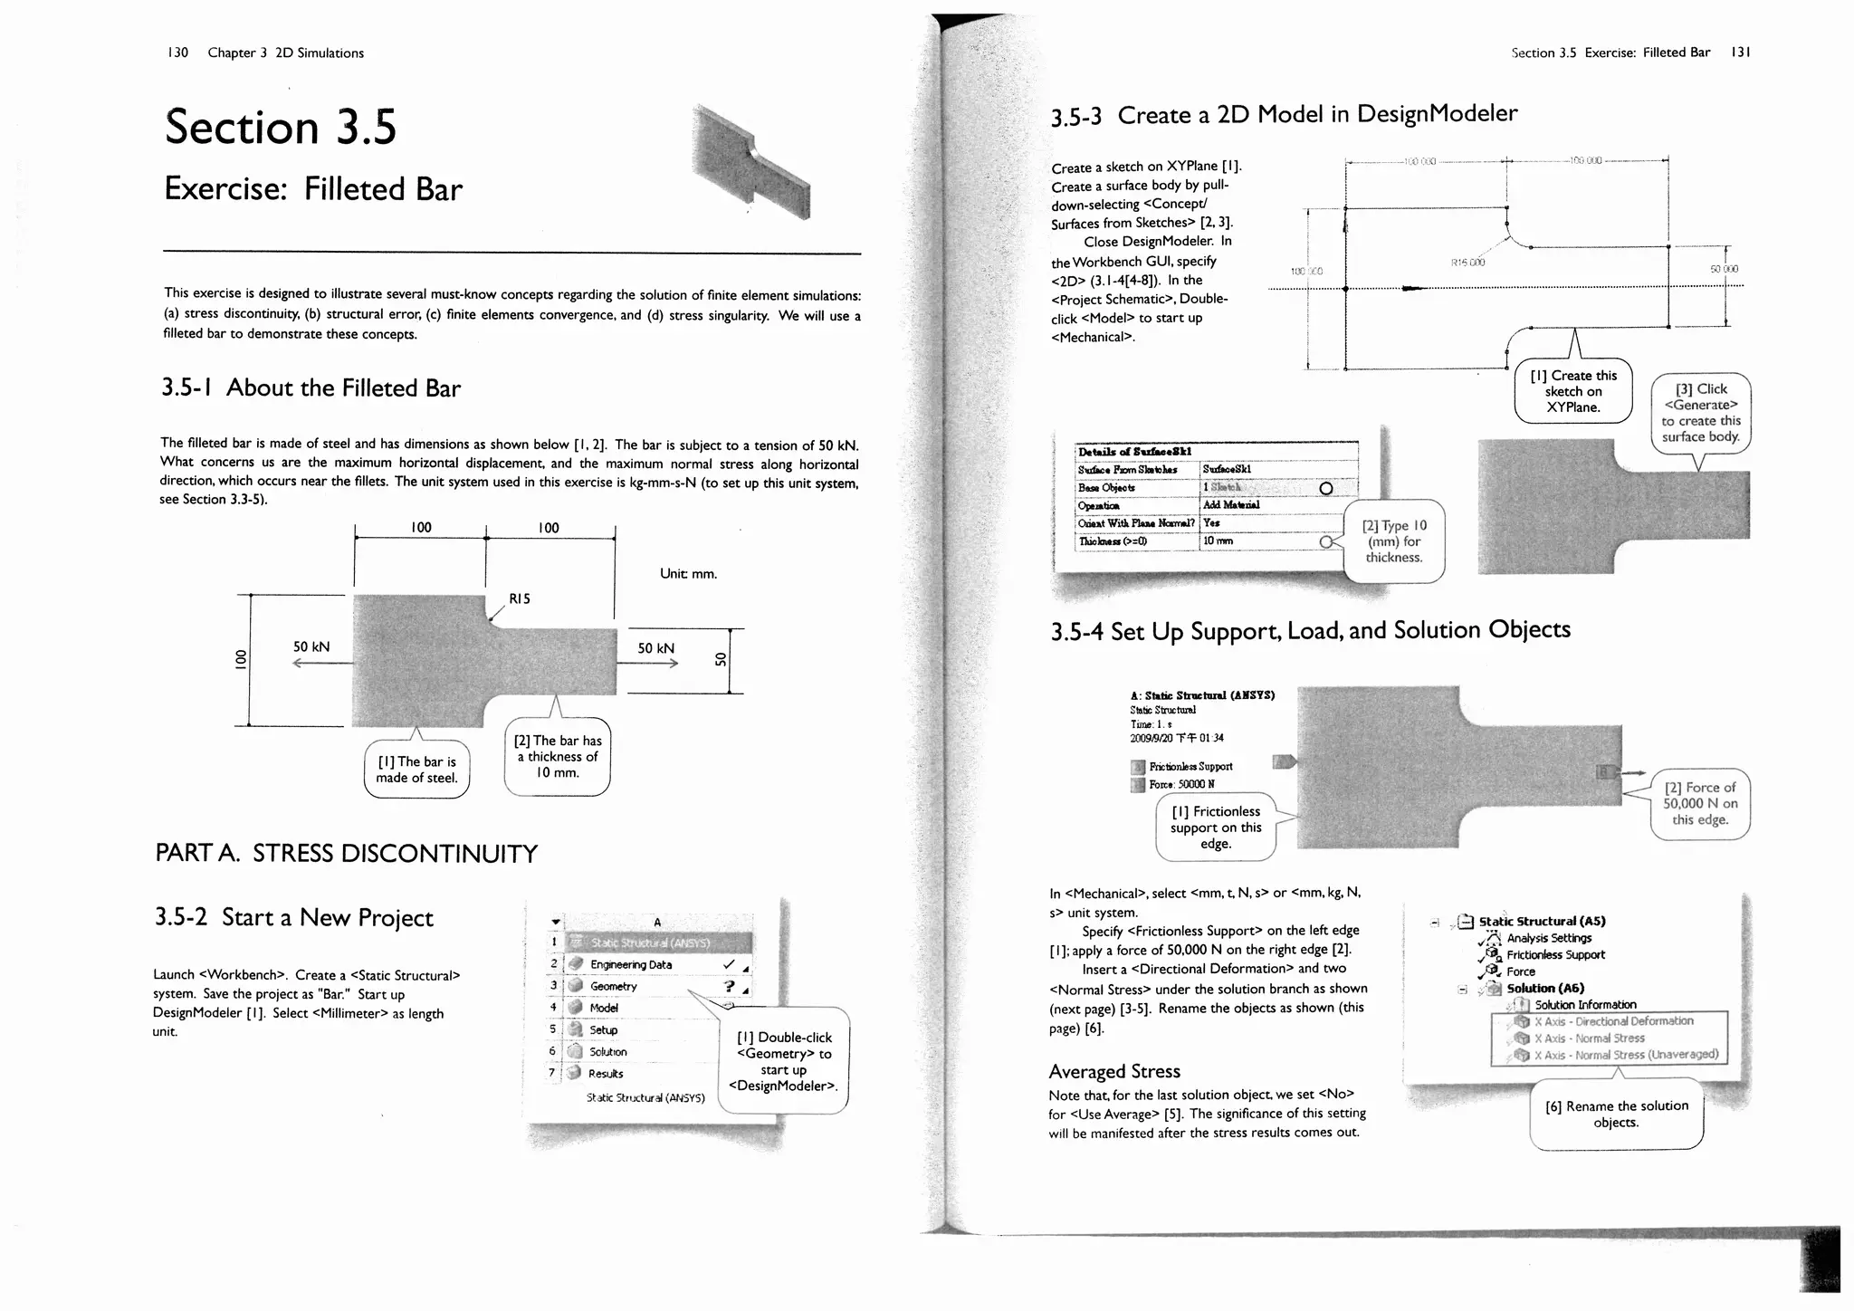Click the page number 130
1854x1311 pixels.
pos(177,53)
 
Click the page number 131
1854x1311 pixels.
pos(1740,53)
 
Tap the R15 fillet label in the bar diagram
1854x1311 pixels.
pos(520,598)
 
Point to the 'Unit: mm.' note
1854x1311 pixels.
pos(688,573)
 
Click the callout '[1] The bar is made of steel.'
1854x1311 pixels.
pos(416,770)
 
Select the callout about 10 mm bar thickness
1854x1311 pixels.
pos(557,757)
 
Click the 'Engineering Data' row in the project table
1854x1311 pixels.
pos(631,965)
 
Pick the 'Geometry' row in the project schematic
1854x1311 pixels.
pos(614,987)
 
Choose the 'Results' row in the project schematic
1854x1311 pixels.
pos(606,1074)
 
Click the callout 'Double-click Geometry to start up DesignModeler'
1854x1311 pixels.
pos(783,1061)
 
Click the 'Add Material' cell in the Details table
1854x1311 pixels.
pos(1230,505)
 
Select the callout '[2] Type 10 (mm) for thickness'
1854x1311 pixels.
pos(1394,541)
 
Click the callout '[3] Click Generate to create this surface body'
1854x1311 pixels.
pos(1701,413)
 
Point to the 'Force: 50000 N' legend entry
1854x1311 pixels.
pos(1181,784)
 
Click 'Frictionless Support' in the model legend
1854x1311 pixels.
pos(1190,767)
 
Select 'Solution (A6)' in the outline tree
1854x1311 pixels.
pos(1545,988)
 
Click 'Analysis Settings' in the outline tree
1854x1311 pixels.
pos(1549,938)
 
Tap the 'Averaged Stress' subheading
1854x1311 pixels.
pos(1114,1072)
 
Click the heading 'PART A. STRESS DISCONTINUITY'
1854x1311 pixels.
pos(347,854)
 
